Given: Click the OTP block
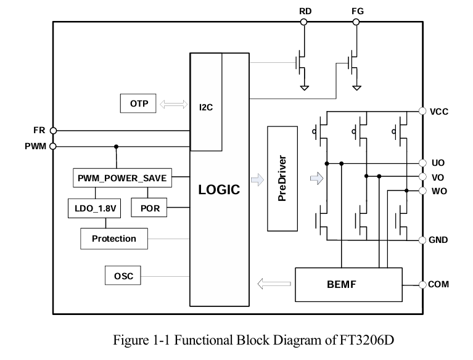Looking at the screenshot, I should coord(138,104).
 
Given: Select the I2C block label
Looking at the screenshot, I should coord(206,107).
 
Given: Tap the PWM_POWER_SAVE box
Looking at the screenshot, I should coord(122,178).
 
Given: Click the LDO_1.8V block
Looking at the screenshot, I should coord(94,208).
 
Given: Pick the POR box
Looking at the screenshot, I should coord(150,208).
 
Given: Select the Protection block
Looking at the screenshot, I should coord(114,239).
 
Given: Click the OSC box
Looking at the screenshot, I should coord(123,276).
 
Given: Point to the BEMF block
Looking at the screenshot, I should coord(348,284).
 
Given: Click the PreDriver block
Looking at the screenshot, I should coord(283,178).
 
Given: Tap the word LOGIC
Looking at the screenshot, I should coord(219,190).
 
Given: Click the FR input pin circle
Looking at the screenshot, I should coord(53,131).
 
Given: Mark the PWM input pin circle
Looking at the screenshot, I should coord(53,147).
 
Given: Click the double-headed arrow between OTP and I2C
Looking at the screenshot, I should coord(173,104).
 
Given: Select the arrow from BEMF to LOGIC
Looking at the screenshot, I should coord(274,284).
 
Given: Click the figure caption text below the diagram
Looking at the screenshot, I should coord(253,340).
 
